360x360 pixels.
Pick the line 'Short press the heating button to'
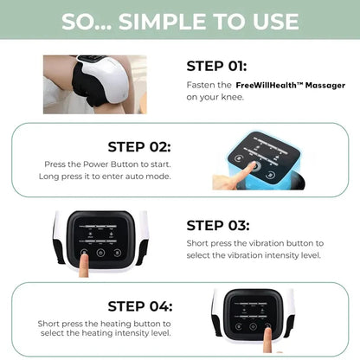tap(105, 323)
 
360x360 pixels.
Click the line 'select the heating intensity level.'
tap(105, 335)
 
